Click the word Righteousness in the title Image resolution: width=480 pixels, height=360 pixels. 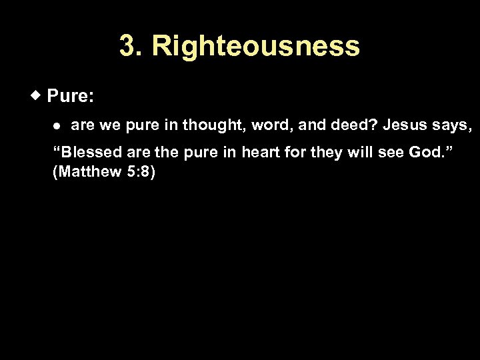(255, 47)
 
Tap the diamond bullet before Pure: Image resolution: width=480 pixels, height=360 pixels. (38, 95)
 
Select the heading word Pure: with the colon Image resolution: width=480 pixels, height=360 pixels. (71, 97)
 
